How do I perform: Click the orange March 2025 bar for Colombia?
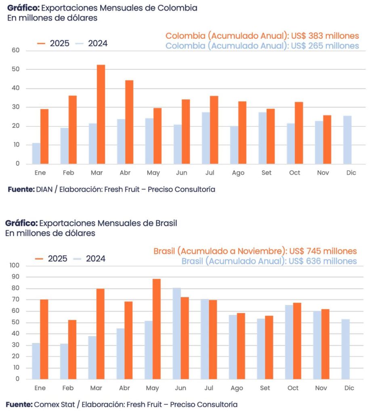(101, 114)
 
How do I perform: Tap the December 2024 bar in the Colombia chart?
(347, 139)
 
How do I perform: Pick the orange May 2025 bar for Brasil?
(157, 329)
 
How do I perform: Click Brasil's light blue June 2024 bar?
(176, 334)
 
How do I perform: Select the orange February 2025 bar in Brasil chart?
(72, 349)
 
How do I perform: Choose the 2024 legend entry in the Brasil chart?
(90, 259)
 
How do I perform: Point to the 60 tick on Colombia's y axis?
(16, 51)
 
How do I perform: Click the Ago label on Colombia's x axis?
(238, 173)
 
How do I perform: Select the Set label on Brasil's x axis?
(265, 388)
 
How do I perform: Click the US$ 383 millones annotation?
(325, 36)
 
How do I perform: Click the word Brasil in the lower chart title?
(167, 223)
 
